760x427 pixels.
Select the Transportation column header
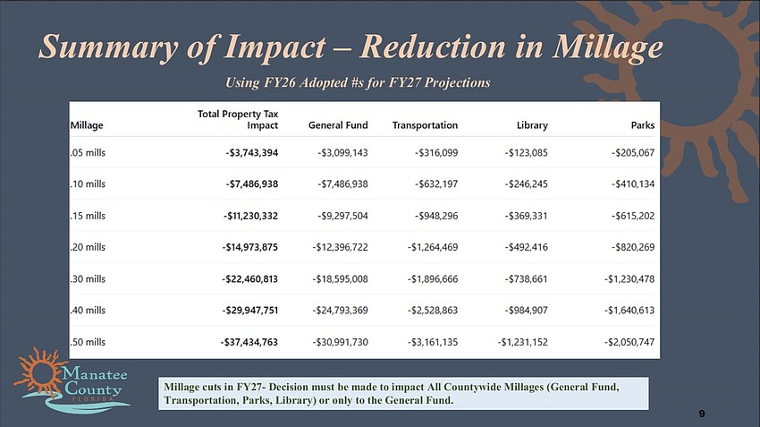tap(425, 125)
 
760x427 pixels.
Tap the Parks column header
tap(642, 125)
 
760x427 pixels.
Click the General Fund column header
tap(337, 125)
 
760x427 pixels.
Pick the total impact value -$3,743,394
tap(251, 153)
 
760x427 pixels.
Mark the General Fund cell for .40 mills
tap(337, 310)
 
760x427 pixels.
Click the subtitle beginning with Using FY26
tap(359, 82)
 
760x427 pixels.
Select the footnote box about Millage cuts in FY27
tap(401, 393)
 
